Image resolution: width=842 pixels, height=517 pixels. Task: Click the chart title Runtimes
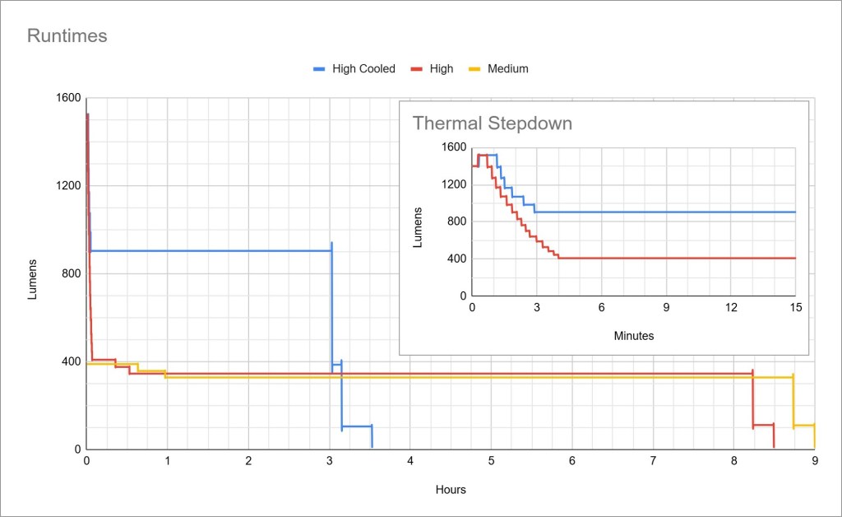click(x=67, y=36)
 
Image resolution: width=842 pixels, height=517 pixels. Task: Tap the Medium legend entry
click(x=507, y=69)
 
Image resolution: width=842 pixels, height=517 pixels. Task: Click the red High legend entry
click(x=441, y=69)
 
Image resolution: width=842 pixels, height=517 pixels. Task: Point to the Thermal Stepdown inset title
click(x=492, y=123)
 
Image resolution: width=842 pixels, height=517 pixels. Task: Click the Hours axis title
click(x=451, y=490)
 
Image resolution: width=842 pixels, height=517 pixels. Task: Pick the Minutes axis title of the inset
click(x=633, y=336)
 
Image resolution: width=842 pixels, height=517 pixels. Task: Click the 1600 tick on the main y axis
click(x=69, y=98)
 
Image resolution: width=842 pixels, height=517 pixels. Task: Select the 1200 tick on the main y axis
click(x=69, y=186)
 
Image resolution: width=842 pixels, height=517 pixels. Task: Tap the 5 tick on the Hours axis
click(x=491, y=462)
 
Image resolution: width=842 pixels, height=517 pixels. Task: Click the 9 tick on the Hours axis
click(x=815, y=462)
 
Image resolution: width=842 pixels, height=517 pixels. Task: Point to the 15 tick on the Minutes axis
click(x=795, y=307)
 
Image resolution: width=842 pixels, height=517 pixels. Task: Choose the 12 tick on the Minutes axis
click(x=731, y=307)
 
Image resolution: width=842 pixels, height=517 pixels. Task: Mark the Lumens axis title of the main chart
click(x=33, y=279)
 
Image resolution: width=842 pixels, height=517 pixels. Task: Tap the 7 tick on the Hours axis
click(x=653, y=462)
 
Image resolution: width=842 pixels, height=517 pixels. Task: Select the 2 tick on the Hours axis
click(x=248, y=462)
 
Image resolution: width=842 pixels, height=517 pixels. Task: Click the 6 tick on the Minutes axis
click(x=601, y=307)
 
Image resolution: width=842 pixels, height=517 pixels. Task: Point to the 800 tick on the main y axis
click(x=71, y=274)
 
